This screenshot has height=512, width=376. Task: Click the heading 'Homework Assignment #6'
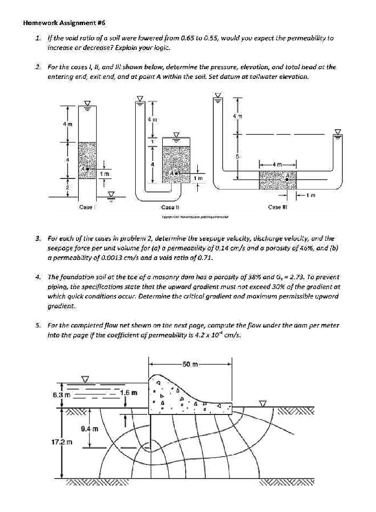(x=64, y=23)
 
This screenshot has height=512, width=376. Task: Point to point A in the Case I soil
(x=87, y=169)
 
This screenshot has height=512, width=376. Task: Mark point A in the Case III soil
(x=287, y=176)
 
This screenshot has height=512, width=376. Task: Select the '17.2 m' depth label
(x=63, y=442)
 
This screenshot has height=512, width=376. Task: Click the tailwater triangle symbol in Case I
(x=113, y=193)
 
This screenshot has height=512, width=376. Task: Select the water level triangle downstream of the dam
(x=262, y=402)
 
